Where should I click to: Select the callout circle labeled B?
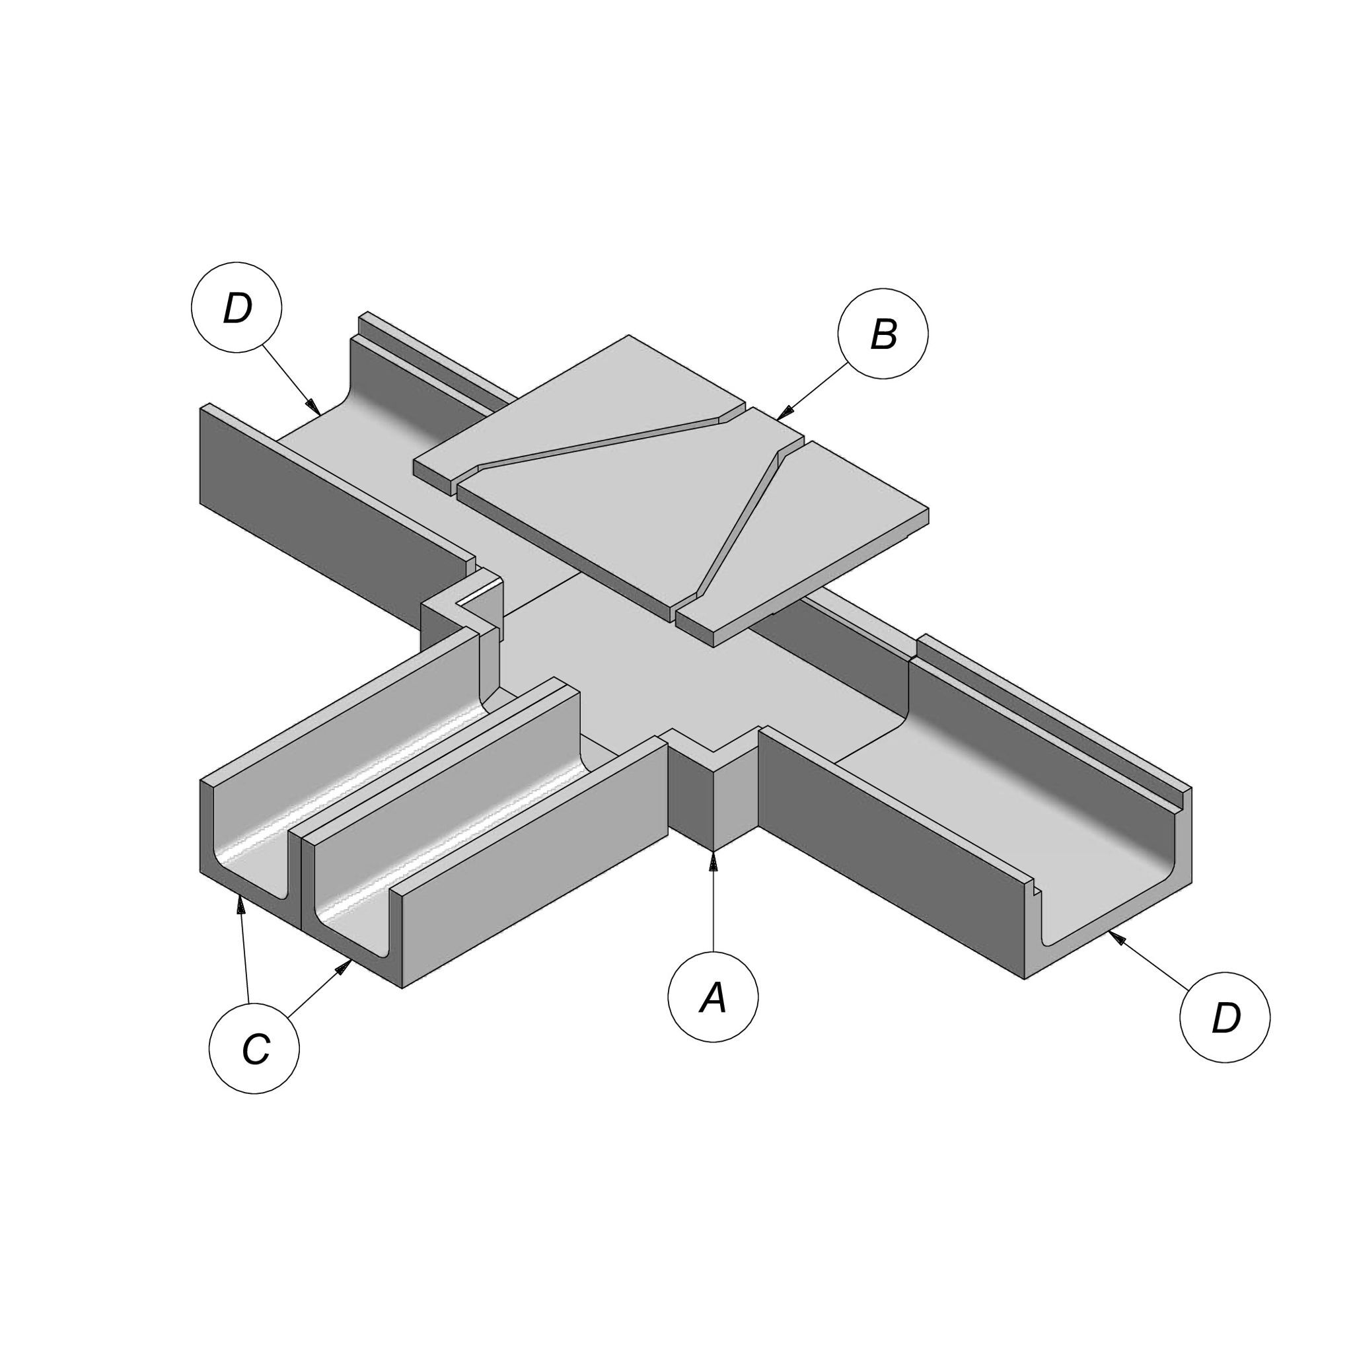883,334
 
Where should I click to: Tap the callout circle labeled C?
254,1048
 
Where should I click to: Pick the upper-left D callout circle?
237,307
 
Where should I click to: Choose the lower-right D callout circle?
1225,1017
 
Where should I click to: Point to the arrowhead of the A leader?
713,860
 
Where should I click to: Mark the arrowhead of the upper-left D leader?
314,407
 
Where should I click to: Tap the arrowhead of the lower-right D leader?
1116,938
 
